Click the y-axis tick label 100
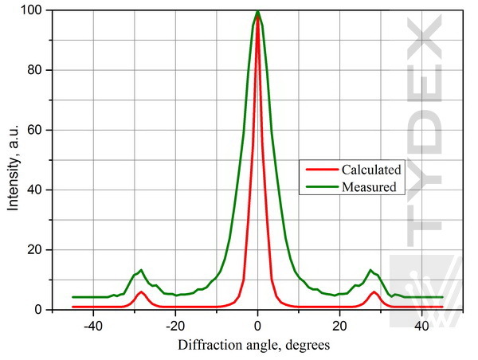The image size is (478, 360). coord(34,10)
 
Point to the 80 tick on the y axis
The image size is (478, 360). coord(37,70)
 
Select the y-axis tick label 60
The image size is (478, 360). coord(37,131)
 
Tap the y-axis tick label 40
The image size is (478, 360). coord(37,190)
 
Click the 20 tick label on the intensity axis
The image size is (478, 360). coord(37,250)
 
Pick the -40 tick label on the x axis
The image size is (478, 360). coord(93,326)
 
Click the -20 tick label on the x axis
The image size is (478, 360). coord(175,326)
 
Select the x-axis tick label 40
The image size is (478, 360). coord(422,326)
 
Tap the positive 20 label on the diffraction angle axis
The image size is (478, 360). coord(340,326)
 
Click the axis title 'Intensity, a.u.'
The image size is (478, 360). coord(14,160)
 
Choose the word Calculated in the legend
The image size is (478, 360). coord(371,169)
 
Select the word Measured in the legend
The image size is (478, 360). coord(369,187)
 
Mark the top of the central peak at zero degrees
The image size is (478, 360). coord(257,11)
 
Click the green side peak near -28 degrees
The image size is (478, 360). coord(141,270)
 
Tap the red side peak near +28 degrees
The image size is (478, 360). coord(373,292)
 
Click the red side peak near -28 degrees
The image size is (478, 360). coord(141,292)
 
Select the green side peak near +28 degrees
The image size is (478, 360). coord(370,270)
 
